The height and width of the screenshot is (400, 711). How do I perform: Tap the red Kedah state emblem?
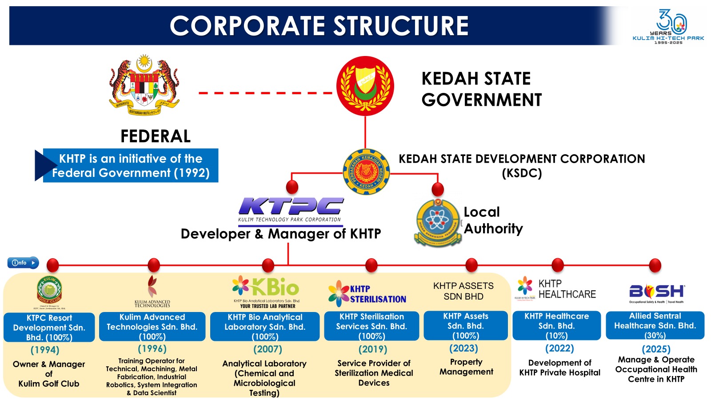click(x=365, y=86)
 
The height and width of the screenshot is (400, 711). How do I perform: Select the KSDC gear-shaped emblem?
click(x=366, y=172)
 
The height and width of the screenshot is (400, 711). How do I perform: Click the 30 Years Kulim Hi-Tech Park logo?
click(x=668, y=27)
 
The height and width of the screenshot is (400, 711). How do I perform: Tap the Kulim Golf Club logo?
click(x=49, y=292)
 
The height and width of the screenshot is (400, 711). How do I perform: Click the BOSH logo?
click(x=657, y=292)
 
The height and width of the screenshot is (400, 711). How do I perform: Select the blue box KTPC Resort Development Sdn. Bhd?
click(x=49, y=327)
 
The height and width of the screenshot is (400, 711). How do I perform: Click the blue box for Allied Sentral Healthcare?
click(x=655, y=325)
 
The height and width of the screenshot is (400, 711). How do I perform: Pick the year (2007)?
click(x=268, y=349)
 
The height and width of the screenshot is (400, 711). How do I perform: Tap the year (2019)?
click(x=372, y=349)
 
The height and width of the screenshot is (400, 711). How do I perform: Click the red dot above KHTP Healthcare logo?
click(x=557, y=265)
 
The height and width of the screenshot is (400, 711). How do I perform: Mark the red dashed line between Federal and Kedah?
click(x=265, y=93)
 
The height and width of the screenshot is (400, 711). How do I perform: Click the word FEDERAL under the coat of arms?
click(x=156, y=136)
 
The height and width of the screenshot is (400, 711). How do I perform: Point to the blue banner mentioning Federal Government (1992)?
click(x=131, y=165)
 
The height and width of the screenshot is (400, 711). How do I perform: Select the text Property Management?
click(x=466, y=367)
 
